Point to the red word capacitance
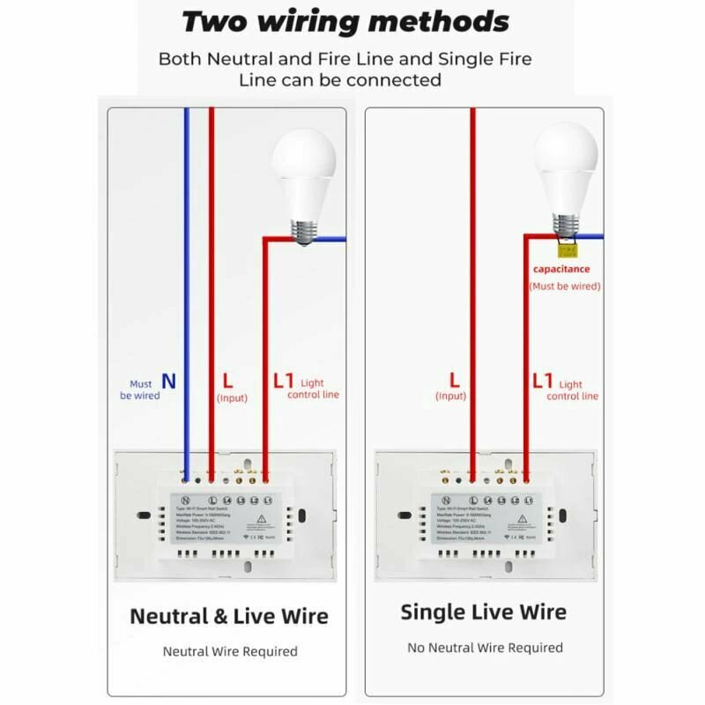click(561, 269)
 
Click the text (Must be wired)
click(565, 286)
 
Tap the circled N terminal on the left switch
click(185, 501)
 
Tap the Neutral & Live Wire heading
click(229, 616)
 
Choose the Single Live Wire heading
click(484, 612)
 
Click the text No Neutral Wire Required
click(485, 648)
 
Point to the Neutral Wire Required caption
click(230, 651)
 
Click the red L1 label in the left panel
click(283, 382)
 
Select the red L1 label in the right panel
click(543, 382)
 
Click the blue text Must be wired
click(141, 390)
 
